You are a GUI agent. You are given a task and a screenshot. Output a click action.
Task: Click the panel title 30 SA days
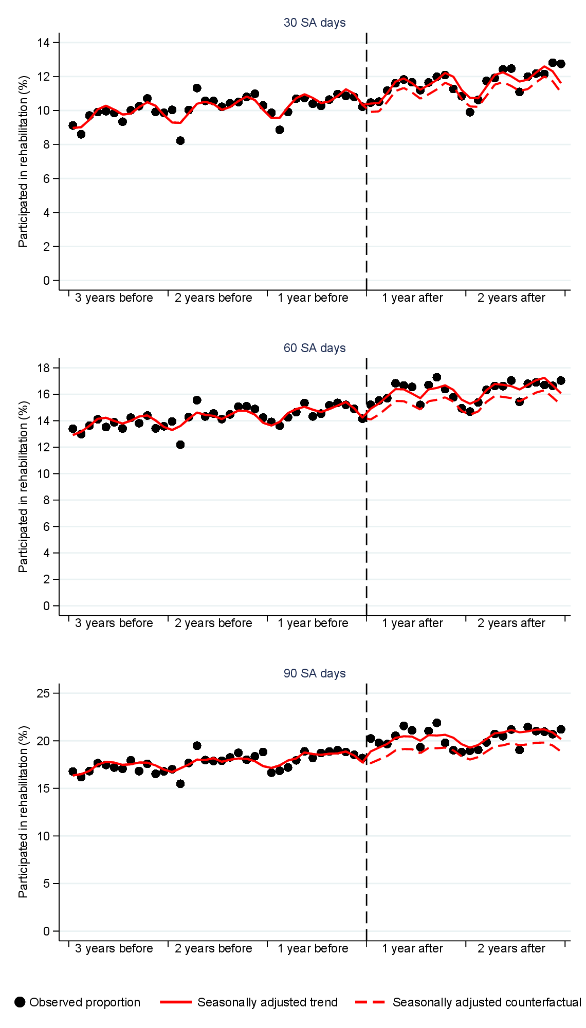(315, 23)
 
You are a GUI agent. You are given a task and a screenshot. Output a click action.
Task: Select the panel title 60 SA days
(315, 348)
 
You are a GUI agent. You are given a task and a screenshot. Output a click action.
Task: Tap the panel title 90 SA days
(315, 673)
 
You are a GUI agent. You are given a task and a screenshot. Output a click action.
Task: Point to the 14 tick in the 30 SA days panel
(44, 43)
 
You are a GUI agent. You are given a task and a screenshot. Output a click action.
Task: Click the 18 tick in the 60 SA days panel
(44, 368)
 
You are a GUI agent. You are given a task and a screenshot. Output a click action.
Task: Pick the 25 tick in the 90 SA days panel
(44, 693)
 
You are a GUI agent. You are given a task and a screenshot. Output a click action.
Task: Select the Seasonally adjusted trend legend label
(267, 1002)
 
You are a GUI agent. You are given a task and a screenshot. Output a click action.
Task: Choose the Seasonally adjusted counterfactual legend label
(486, 1002)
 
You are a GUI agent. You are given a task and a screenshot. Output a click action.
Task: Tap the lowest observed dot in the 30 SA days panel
(180, 141)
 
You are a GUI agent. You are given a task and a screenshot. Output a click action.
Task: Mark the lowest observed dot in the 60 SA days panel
(180, 445)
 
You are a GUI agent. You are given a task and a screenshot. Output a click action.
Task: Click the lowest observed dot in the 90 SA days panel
(180, 784)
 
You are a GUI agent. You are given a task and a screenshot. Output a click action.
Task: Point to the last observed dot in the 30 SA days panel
(561, 64)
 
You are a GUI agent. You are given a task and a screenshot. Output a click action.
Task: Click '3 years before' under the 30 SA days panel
(114, 298)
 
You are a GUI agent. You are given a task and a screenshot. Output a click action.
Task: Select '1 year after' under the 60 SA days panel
(412, 623)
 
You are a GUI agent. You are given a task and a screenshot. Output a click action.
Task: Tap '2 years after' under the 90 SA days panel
(511, 949)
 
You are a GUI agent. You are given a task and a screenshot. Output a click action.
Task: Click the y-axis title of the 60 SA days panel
(23, 487)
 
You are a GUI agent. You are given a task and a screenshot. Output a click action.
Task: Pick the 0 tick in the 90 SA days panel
(47, 931)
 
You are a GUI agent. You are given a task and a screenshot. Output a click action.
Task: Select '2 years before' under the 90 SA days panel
(213, 949)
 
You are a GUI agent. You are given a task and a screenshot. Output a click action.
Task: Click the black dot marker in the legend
(20, 1002)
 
